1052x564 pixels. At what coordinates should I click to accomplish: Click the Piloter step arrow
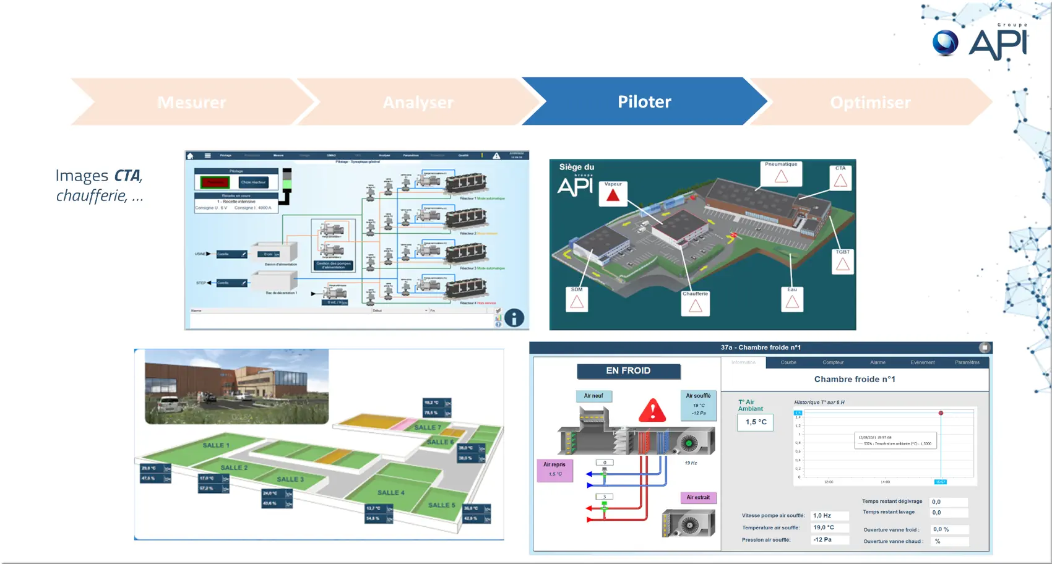point(644,102)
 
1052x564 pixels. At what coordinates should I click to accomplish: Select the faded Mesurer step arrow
point(191,102)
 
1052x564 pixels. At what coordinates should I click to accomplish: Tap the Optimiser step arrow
point(869,102)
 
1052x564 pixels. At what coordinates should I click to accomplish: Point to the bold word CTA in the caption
point(127,176)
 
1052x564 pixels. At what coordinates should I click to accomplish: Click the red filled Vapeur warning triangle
point(613,195)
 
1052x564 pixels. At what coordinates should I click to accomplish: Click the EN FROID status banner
point(628,371)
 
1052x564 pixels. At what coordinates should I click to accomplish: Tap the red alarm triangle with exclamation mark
point(652,410)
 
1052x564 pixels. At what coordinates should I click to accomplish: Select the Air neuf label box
point(593,396)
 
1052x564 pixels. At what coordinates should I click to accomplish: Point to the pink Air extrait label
point(698,497)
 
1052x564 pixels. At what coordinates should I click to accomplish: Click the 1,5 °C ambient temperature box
point(756,422)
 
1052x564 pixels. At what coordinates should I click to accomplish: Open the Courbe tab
point(788,362)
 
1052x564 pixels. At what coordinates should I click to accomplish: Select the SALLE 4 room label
point(390,493)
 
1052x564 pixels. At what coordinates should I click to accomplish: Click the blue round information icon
point(514,318)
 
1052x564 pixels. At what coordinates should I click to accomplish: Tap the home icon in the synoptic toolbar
point(191,156)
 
